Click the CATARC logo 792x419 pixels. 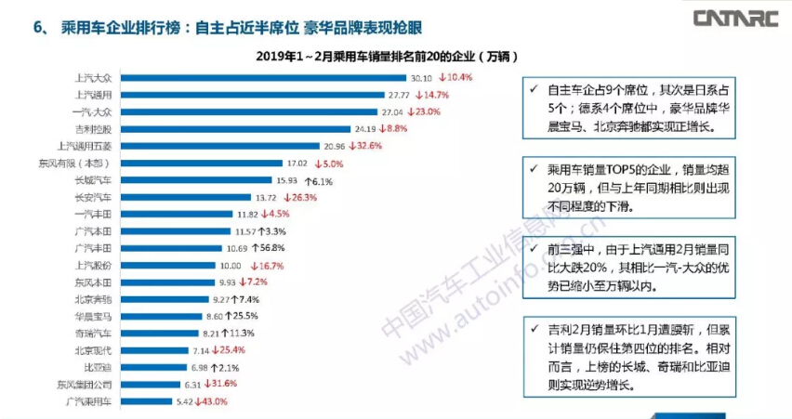(x=734, y=18)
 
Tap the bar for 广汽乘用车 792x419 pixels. (x=147, y=402)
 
